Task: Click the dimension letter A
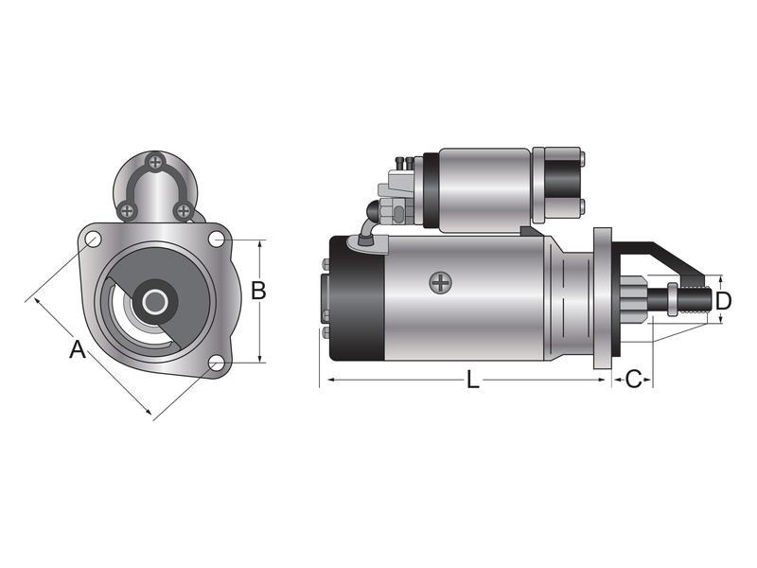click(78, 350)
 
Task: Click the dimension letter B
click(257, 291)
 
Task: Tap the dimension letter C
click(634, 380)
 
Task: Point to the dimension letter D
click(723, 301)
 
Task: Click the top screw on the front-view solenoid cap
click(156, 161)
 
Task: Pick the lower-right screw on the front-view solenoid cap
click(185, 209)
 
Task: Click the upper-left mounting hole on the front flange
click(93, 240)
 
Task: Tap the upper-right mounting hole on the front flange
click(217, 239)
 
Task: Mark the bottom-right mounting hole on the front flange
click(216, 362)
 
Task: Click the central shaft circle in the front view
click(154, 302)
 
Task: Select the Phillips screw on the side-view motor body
click(440, 281)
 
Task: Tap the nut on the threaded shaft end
click(671, 299)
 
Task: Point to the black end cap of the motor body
click(356, 298)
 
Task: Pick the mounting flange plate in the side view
click(602, 299)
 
